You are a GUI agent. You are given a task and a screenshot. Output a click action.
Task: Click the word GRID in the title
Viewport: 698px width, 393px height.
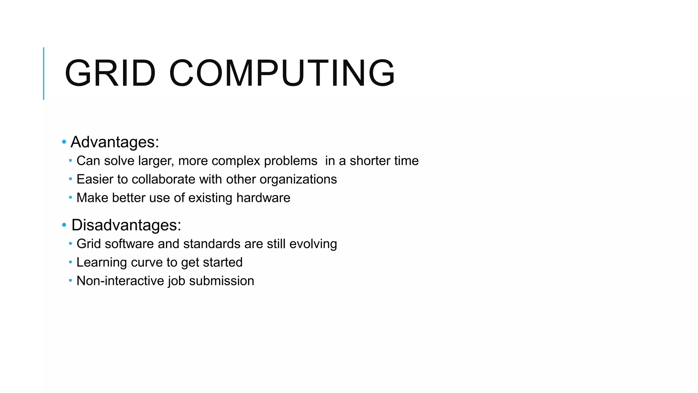[110, 73]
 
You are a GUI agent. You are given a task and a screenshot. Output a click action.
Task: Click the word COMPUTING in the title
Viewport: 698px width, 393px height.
[282, 73]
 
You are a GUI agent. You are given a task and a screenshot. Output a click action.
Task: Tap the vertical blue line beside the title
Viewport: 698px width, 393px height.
[44, 73]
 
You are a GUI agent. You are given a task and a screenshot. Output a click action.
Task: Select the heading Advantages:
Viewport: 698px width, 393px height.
[115, 142]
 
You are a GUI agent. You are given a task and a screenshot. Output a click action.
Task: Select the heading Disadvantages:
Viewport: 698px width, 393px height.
[126, 225]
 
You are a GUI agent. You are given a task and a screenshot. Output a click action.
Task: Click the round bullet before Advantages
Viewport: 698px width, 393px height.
[64, 142]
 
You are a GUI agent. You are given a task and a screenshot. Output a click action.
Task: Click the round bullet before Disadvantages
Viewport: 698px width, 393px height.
[64, 225]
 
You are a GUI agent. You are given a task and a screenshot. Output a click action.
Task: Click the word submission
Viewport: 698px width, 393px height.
[222, 281]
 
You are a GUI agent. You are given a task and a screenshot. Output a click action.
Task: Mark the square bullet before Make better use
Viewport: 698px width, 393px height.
[70, 197]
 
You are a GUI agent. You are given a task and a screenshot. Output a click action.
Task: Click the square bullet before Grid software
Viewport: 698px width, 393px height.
[70, 243]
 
